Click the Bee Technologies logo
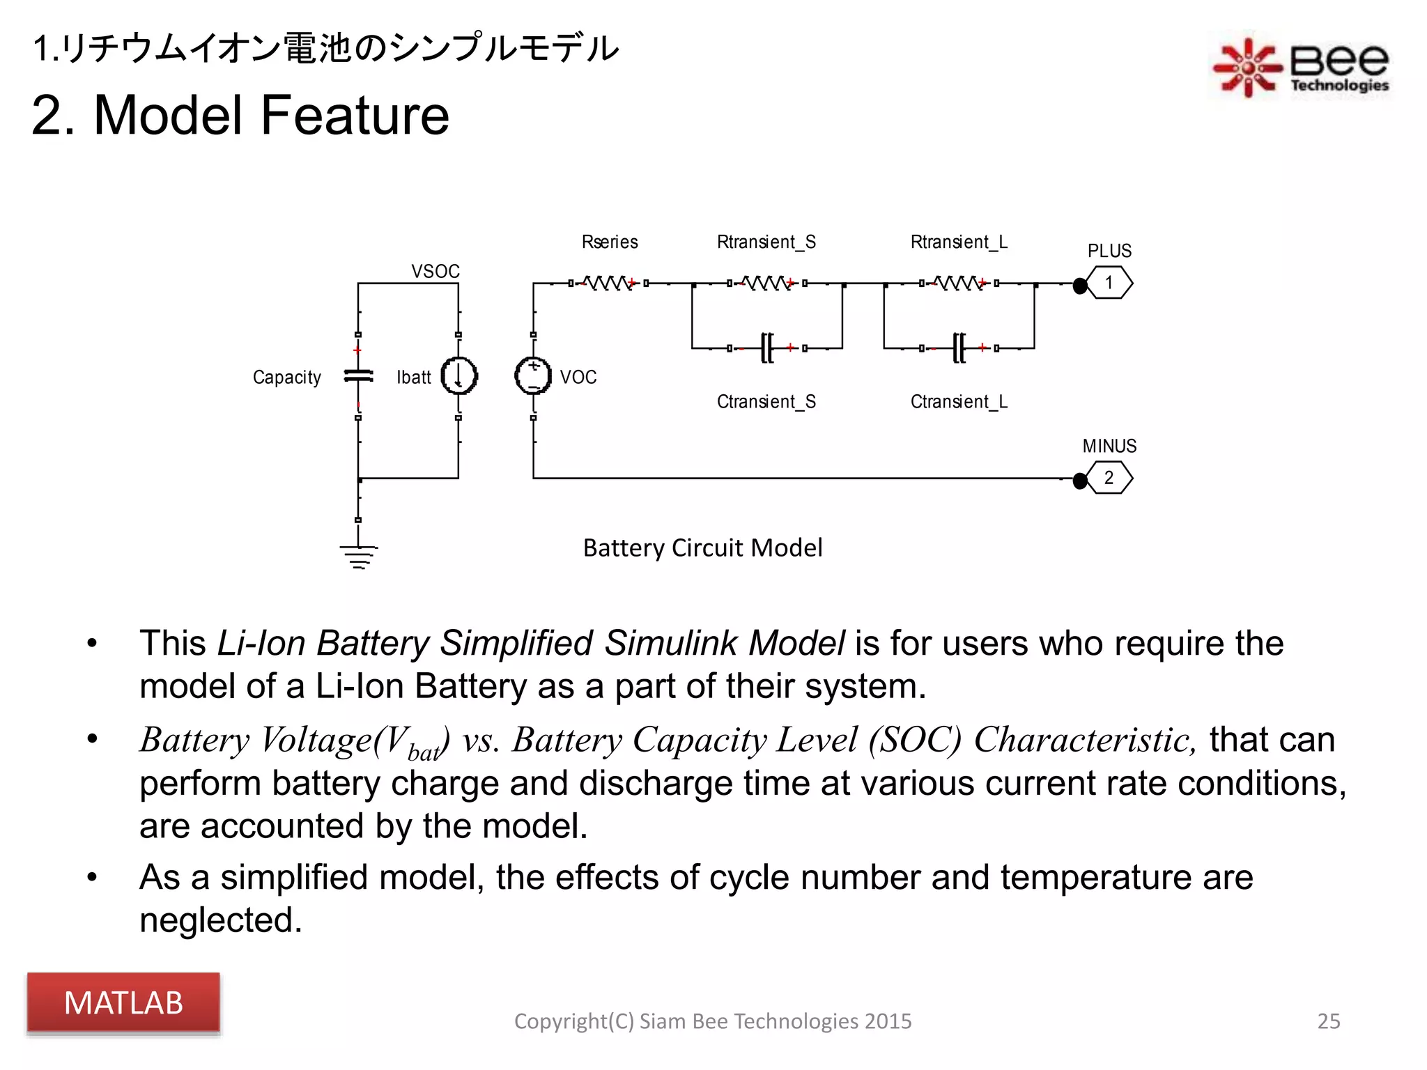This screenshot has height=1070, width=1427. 1301,67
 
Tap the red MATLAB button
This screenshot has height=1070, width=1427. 123,1002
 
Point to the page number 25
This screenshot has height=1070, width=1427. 1328,1021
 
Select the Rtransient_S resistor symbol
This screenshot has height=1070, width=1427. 766,284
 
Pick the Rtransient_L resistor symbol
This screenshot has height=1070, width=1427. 958,284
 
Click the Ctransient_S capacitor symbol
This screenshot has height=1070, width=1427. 766,348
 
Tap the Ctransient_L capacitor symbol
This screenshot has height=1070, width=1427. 959,348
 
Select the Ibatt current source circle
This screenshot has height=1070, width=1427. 458,375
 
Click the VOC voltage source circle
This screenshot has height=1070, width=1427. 533,375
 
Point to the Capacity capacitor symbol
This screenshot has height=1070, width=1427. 359,376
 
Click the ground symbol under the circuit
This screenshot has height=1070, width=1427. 359,556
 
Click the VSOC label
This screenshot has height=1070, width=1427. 435,271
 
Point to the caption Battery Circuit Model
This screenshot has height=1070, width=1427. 702,548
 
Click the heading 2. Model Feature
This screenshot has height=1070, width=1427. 240,115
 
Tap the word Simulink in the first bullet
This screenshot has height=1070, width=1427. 670,642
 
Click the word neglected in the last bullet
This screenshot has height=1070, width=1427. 220,920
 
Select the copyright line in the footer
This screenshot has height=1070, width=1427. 712,1021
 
